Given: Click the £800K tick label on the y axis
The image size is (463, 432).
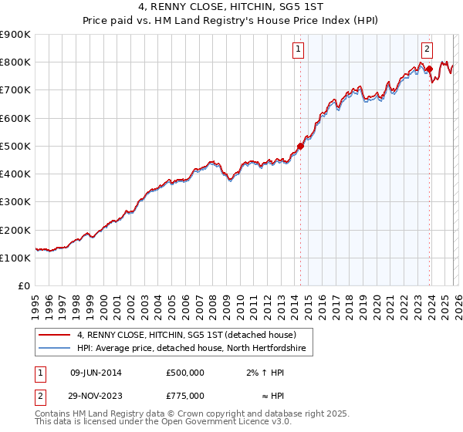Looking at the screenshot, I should coord(15,62).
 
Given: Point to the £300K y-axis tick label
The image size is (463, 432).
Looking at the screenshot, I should coord(15,202).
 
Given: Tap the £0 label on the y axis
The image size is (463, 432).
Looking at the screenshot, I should coord(24,286).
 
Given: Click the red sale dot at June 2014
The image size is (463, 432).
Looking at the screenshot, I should coord(300,147).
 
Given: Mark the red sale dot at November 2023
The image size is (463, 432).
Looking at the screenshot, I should coord(429,69).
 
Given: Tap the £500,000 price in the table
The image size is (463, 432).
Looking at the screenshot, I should coord(185,373).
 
